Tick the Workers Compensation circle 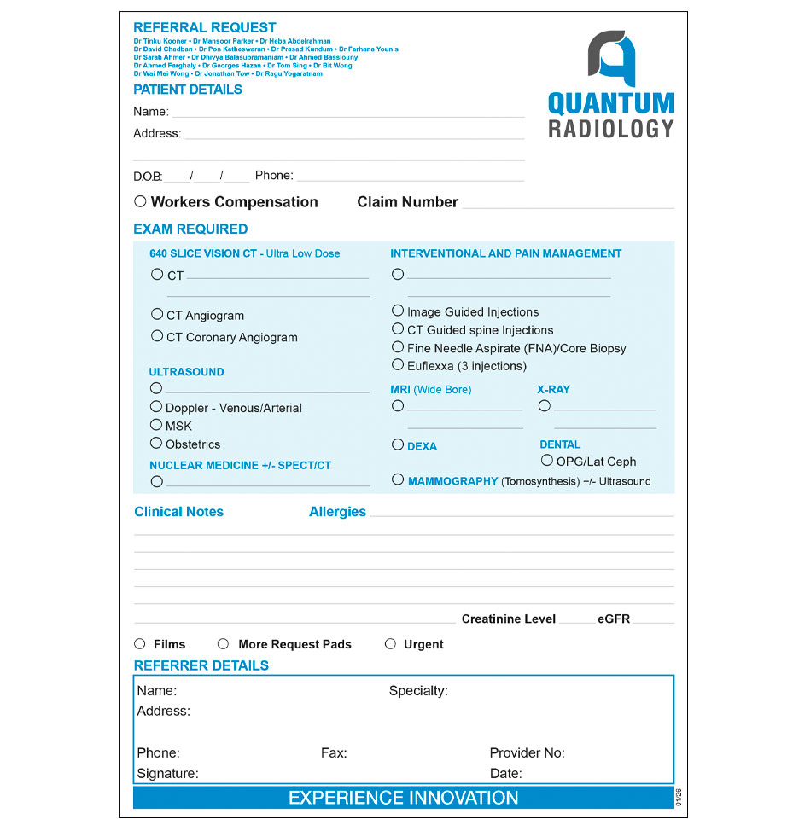pos(140,201)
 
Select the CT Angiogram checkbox pos(157,314)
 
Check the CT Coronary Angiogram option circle pos(157,336)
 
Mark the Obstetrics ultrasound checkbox pos(156,443)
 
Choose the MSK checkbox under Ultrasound pos(156,424)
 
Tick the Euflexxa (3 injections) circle pos(398,364)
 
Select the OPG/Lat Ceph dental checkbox pos(547,460)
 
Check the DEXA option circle pos(398,444)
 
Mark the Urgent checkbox pos(390,644)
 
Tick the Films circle pos(140,644)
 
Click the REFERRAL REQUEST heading pos(205,27)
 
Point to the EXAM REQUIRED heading pos(190,229)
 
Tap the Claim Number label pos(407,202)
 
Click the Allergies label pos(337,512)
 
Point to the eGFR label pos(614,619)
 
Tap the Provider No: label pos(527,753)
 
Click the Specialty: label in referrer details pos(418,691)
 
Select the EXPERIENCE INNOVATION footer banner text pos(403,799)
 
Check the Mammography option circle pos(398,479)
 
